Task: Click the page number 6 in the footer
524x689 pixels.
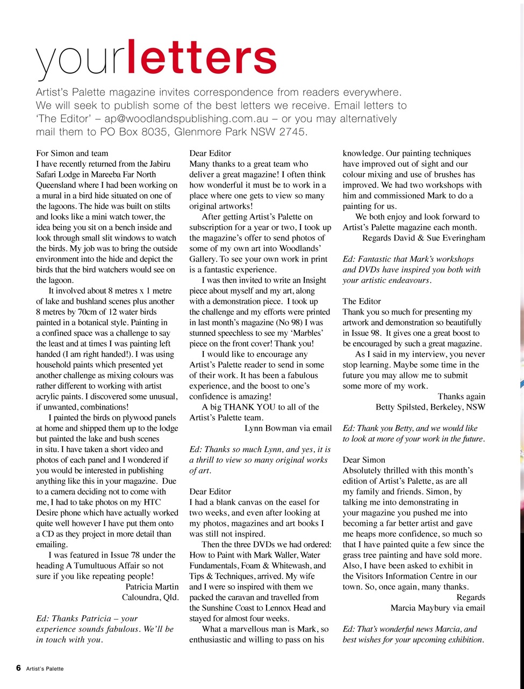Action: coord(18,668)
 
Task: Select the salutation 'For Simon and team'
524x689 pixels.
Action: coord(72,153)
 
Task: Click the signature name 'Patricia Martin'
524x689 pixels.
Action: coord(152,587)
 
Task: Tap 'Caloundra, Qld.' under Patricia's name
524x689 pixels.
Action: coord(150,597)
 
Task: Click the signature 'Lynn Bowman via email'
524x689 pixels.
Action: coord(288,428)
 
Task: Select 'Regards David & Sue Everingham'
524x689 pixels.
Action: coord(423,238)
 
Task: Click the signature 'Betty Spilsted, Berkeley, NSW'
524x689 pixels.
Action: coord(430,407)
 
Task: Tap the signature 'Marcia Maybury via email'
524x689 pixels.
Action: coord(437,608)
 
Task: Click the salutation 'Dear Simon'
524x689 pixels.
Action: coord(364,460)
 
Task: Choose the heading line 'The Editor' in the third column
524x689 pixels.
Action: coord(362,301)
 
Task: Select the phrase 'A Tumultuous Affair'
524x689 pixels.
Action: coord(110,566)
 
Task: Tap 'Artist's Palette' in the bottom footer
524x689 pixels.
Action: coord(45,669)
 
